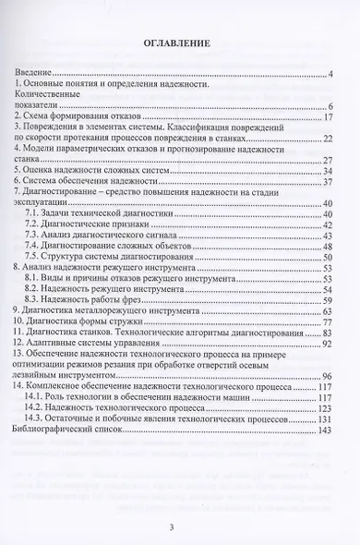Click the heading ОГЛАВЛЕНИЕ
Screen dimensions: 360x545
tap(180, 42)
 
